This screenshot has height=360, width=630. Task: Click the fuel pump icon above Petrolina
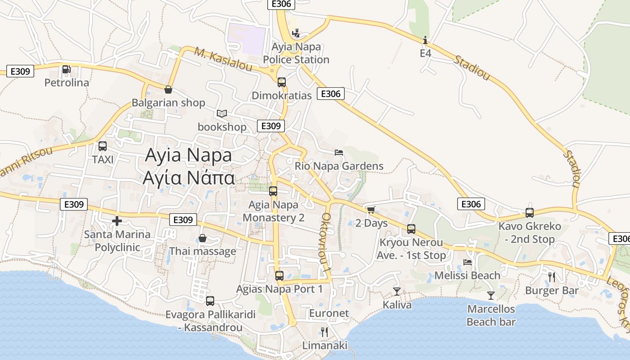coord(66,69)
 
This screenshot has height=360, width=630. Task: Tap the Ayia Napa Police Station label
coord(296,53)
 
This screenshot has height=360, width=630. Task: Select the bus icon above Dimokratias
coord(282,82)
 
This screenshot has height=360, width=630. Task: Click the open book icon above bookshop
coord(222,113)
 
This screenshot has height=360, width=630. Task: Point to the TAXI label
coord(103,159)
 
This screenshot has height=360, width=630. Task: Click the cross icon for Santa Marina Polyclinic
coord(117,221)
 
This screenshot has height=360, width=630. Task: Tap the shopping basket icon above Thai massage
coord(202,238)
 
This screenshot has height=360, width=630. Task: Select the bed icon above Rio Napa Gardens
coord(339,153)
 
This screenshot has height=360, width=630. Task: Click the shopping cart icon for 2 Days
coord(371,210)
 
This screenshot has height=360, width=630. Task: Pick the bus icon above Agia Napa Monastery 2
coord(273,191)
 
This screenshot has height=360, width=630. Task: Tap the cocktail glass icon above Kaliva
coord(396,292)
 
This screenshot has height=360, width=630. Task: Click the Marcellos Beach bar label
coord(491,315)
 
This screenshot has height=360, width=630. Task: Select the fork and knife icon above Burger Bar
coord(552,277)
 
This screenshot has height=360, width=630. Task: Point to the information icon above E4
coord(425,40)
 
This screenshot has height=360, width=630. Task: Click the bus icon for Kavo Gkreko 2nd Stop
coord(530,213)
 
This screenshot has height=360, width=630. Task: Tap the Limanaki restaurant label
coord(324,346)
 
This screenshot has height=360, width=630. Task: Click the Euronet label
coord(329,313)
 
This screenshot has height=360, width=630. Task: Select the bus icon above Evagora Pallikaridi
coord(210,301)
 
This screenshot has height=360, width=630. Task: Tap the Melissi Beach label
coord(467,275)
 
